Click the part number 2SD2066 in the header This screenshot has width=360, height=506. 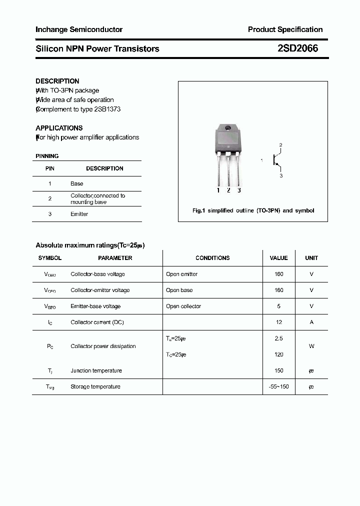297,48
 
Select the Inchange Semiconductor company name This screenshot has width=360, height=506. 79,29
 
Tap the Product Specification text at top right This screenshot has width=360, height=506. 285,29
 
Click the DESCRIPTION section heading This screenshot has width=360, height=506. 57,81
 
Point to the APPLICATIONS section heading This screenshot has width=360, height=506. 59,128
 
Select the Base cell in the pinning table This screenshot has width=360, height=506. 77,183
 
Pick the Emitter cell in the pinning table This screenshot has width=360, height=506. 79,214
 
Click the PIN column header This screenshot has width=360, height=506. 50,168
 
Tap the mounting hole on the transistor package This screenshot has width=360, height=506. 228,129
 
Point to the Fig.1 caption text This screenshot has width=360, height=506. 253,210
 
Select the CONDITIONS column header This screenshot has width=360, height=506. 212,258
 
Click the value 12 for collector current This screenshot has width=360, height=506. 279,322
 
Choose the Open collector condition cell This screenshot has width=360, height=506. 183,306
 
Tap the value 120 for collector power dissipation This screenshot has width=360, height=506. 279,354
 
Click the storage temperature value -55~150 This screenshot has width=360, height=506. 279,386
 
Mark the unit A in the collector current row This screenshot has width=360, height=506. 311,322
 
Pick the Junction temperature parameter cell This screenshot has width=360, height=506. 96,370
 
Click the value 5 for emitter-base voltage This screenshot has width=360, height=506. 279,306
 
